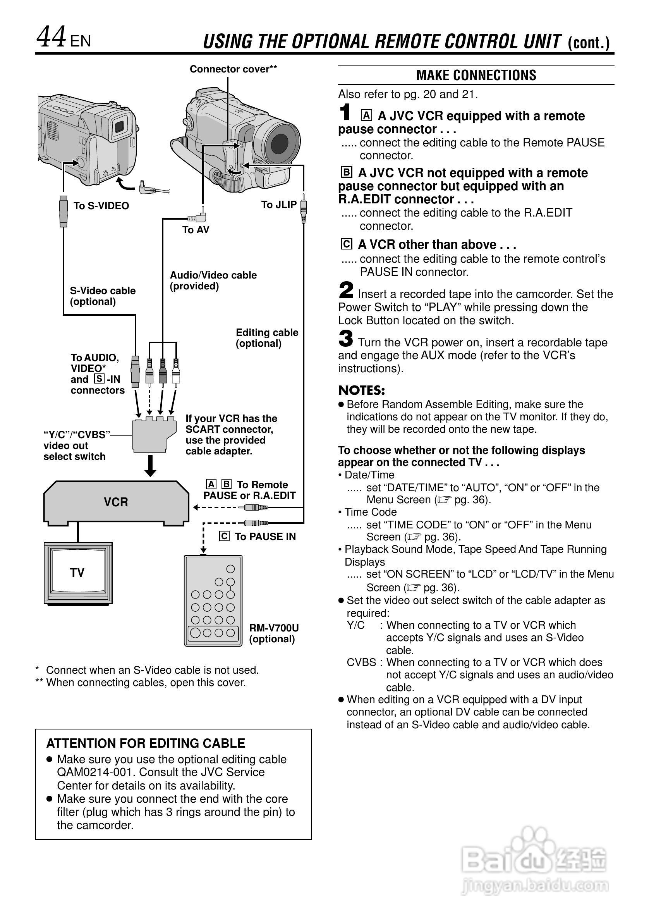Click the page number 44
(x=51, y=37)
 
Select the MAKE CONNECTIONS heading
(x=476, y=75)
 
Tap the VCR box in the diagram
(x=116, y=502)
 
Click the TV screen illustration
(x=78, y=572)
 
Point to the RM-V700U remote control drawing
(x=213, y=600)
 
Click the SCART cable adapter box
(x=154, y=436)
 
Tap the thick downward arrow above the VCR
(x=151, y=465)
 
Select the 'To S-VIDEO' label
(x=101, y=206)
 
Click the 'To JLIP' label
(x=278, y=205)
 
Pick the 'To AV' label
(x=196, y=230)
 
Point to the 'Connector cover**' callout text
(x=233, y=69)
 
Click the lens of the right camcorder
(x=280, y=143)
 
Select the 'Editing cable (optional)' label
(x=267, y=338)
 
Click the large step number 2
(x=346, y=290)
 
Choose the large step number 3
(x=345, y=339)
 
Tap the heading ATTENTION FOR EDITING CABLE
(x=146, y=743)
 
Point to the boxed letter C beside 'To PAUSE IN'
(x=224, y=536)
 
